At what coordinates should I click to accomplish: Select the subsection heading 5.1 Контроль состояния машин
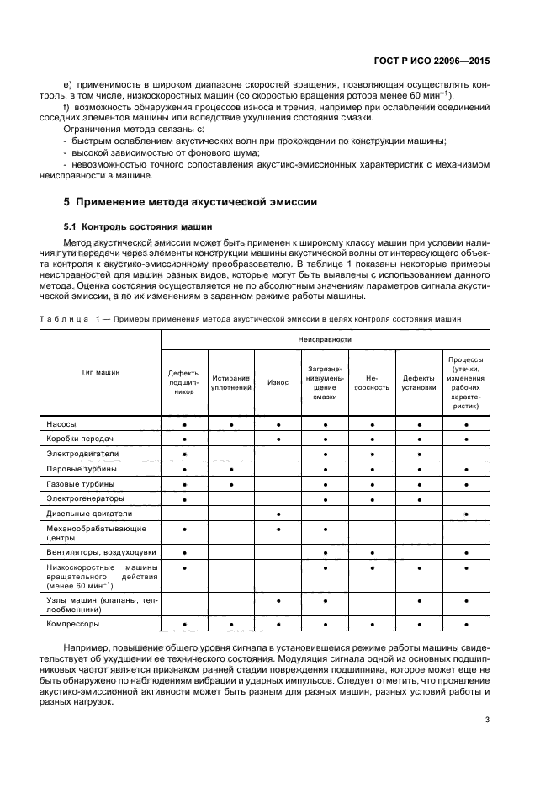pyautogui.click(x=133, y=226)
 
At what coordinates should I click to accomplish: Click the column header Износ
pyautogui.click(x=278, y=382)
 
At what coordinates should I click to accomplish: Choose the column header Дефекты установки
pyautogui.click(x=419, y=382)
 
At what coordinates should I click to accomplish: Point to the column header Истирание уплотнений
pyautogui.click(x=231, y=382)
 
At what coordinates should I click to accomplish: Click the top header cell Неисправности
pyautogui.click(x=325, y=338)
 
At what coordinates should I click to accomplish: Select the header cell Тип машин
pyautogui.click(x=100, y=371)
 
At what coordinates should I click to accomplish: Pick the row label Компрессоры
pyautogui.click(x=72, y=624)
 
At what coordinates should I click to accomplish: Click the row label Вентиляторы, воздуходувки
pyautogui.click(x=94, y=551)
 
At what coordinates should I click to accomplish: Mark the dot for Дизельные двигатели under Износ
pyautogui.click(x=278, y=513)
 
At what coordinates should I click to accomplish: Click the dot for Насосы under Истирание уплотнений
pyautogui.click(x=231, y=425)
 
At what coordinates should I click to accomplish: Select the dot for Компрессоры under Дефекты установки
pyautogui.click(x=419, y=624)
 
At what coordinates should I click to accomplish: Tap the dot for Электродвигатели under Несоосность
pyautogui.click(x=372, y=454)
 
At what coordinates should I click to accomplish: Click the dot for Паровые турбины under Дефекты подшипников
pyautogui.click(x=184, y=469)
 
